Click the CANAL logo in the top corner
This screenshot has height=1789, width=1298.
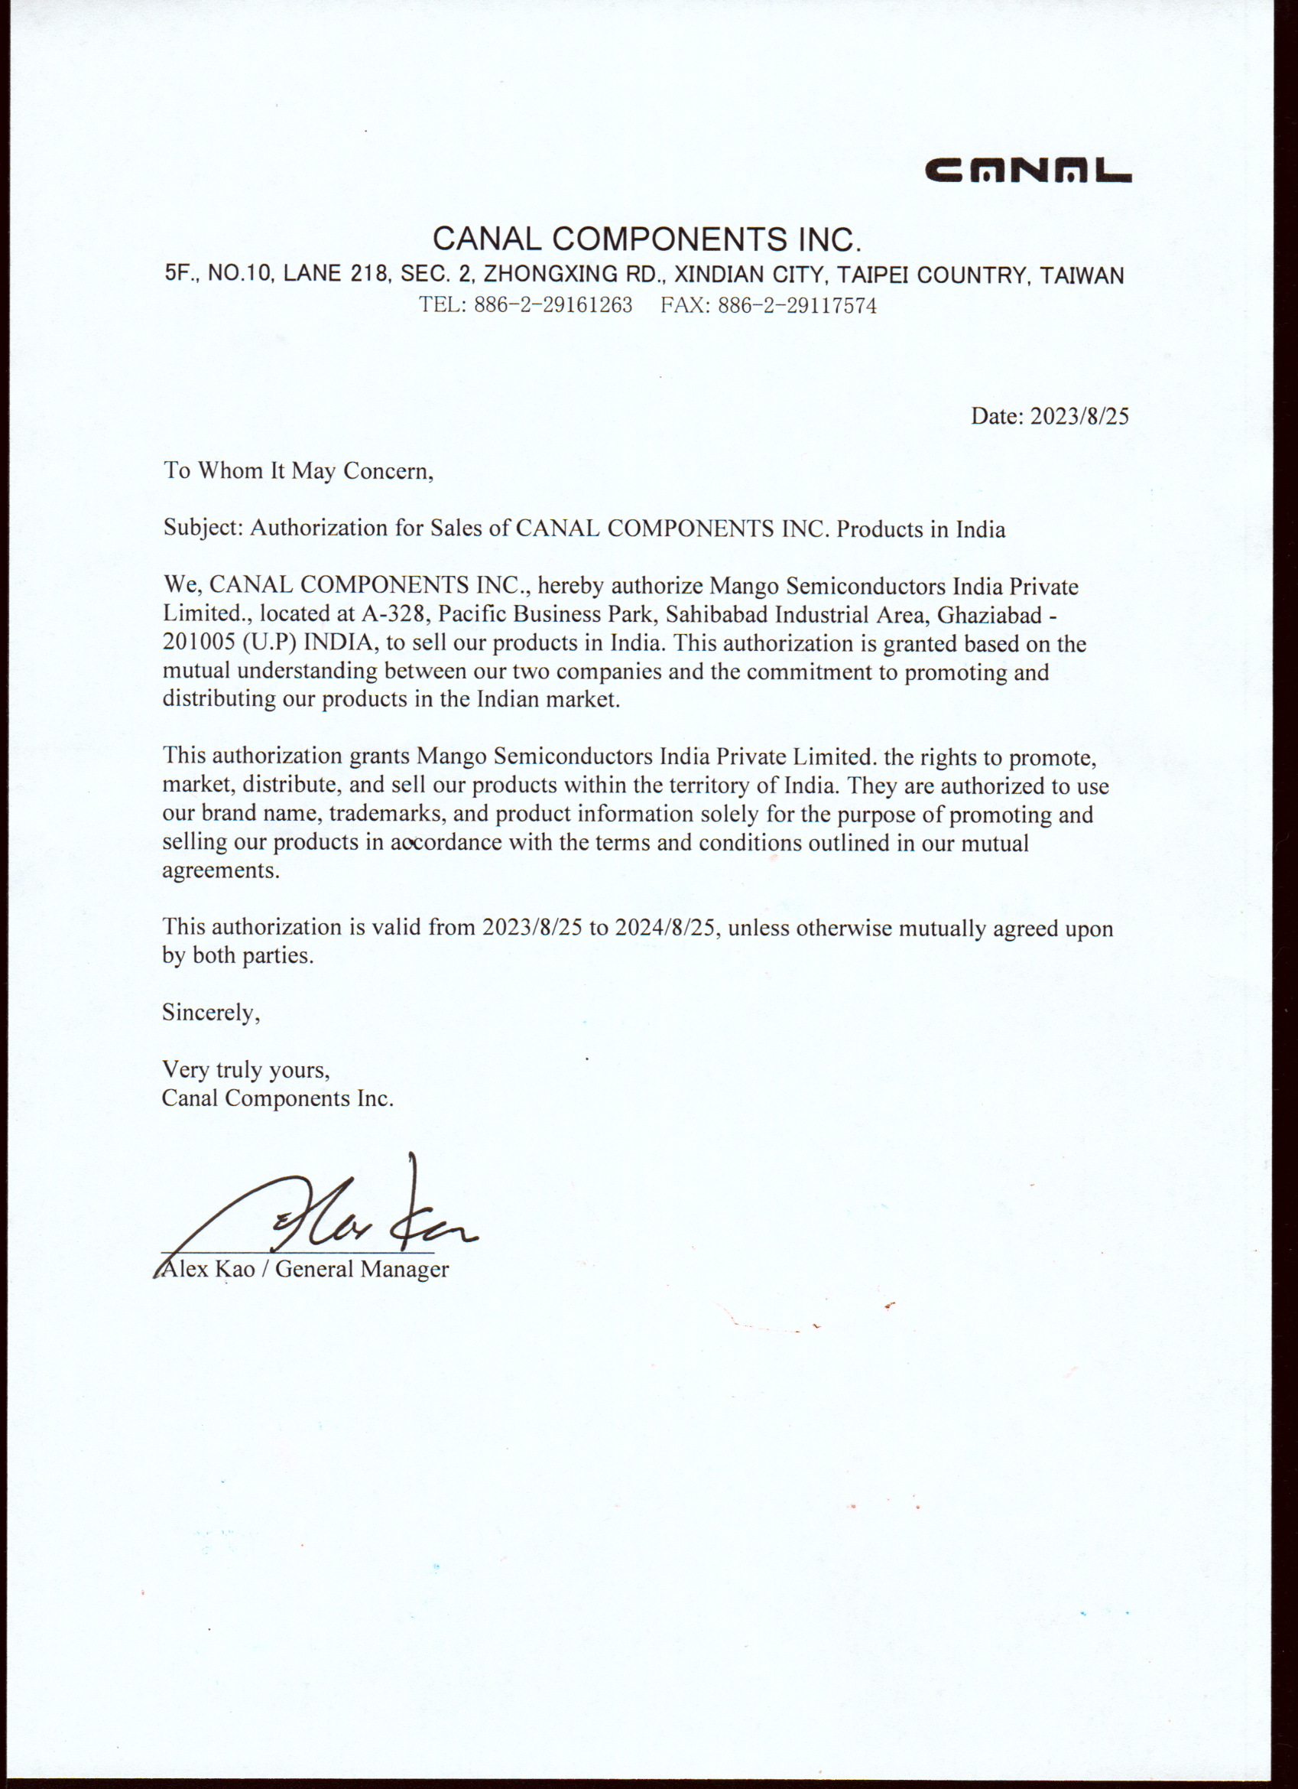(x=1027, y=171)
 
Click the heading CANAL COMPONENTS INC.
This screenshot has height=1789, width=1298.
(x=646, y=238)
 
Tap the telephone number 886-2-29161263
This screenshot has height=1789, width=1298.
(x=553, y=305)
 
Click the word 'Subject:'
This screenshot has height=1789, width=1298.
(x=203, y=528)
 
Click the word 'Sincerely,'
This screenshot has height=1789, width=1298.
(x=210, y=1012)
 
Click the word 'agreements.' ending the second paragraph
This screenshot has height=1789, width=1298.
(x=221, y=871)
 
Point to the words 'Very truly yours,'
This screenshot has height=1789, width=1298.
(x=245, y=1069)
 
